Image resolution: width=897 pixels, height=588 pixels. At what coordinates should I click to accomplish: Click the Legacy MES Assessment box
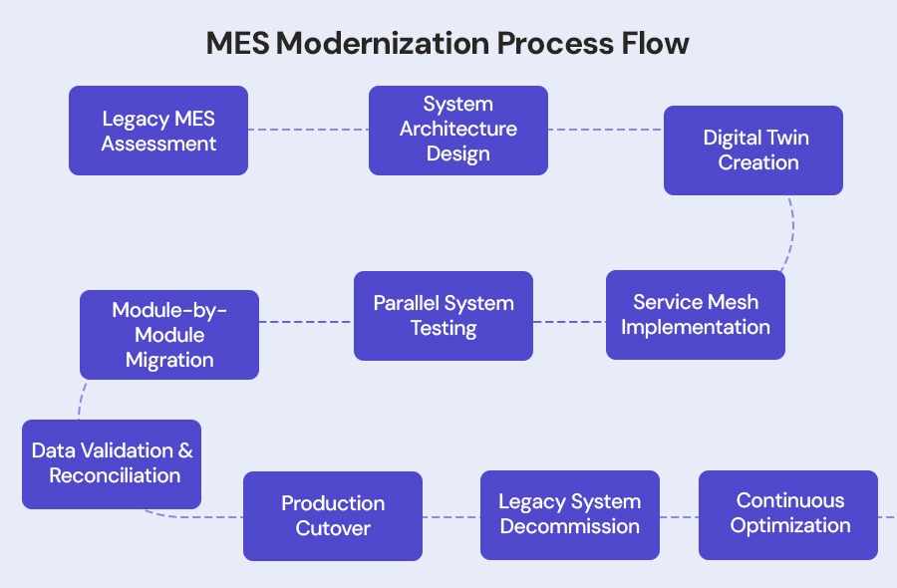point(157,131)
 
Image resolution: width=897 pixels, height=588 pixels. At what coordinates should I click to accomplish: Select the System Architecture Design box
point(457,131)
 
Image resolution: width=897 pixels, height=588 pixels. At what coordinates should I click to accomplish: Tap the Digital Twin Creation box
point(752,150)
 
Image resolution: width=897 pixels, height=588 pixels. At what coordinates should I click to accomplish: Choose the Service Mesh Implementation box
point(695,315)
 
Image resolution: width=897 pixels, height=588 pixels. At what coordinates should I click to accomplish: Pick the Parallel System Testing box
point(443,316)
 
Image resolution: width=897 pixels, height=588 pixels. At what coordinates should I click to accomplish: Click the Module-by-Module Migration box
point(168,335)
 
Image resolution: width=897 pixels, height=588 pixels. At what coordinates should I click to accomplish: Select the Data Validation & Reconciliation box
point(112,463)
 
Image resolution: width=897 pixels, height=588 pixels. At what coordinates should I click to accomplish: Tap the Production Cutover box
point(332,515)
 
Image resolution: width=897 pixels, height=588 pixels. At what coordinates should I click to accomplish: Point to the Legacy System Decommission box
point(569,514)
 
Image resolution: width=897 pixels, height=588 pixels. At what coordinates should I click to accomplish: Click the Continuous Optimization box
point(787,513)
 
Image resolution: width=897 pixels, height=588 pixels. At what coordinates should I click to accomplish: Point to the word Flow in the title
point(658,44)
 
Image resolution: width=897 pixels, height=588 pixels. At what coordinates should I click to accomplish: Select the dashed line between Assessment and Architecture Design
point(308,130)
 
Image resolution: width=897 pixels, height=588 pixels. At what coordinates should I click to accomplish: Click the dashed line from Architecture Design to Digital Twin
point(605,131)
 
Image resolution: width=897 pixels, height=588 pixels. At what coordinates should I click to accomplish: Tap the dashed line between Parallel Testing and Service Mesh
point(569,322)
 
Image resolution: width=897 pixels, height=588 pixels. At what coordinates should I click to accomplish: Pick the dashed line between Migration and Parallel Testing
point(306,322)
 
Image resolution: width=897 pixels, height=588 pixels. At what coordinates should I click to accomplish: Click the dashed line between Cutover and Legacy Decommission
point(450,516)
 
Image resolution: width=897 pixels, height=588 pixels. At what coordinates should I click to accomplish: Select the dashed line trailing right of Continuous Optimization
point(886,516)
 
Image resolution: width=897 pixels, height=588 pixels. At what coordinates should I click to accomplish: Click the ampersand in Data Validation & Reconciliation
point(185,450)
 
